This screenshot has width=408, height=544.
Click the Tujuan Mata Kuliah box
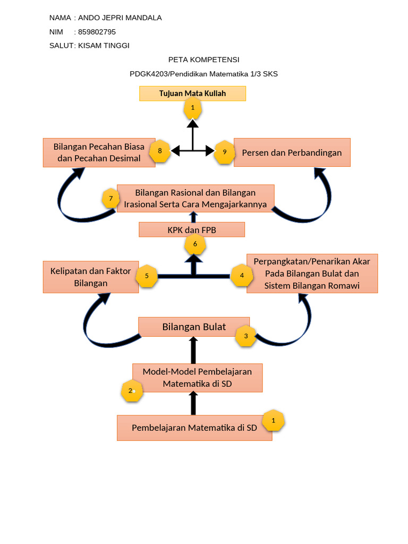click(192, 93)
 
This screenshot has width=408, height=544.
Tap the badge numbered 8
click(160, 151)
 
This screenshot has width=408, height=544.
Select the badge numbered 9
click(225, 152)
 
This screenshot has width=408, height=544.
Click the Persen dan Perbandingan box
click(292, 152)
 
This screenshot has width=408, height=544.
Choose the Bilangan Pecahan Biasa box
click(99, 152)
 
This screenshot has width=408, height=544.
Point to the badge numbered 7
click(110, 199)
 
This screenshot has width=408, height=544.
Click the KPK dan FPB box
click(192, 229)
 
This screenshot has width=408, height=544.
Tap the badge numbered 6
click(195, 244)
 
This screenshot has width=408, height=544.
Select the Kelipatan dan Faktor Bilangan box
click(90, 277)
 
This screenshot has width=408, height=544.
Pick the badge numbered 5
click(147, 276)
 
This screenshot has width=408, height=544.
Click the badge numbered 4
click(242, 276)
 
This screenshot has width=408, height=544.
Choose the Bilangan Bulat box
click(194, 327)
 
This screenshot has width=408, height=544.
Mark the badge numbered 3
click(245, 336)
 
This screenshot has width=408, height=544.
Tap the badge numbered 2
click(131, 391)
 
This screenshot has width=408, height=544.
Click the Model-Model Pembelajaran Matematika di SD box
click(197, 377)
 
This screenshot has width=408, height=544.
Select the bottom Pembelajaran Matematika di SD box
click(194, 428)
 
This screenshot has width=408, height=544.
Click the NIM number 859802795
click(97, 32)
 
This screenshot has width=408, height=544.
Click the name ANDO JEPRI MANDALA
click(120, 18)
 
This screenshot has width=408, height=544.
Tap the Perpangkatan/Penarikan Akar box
click(312, 273)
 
